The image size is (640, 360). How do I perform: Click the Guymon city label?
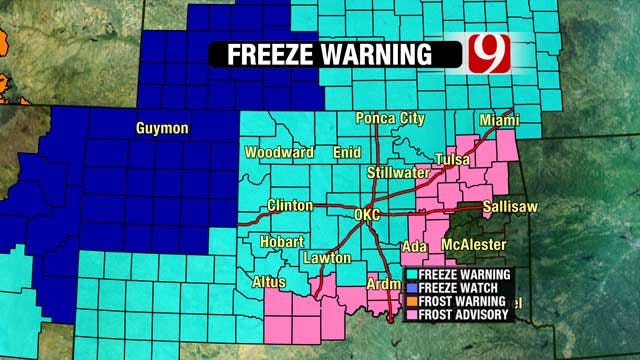[161, 128]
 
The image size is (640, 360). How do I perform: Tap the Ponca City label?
[391, 119]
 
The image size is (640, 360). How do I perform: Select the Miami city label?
[499, 119]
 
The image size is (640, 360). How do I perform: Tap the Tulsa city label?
[453, 161]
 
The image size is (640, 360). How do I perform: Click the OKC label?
[369, 215]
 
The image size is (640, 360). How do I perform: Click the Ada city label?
[412, 246]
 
